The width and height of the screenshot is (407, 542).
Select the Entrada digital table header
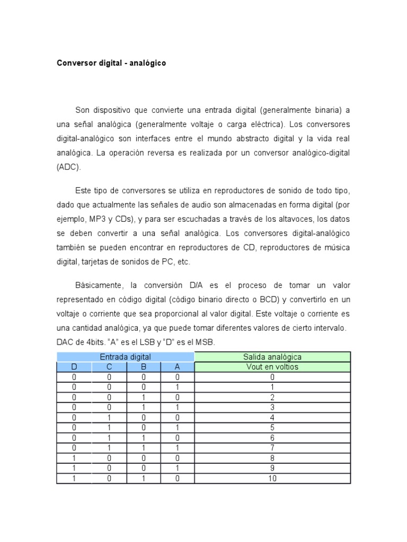[x=126, y=357]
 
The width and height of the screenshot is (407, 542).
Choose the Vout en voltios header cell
[x=272, y=367]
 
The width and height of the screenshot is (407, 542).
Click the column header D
[x=74, y=367]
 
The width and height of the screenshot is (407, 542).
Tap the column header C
[x=109, y=367]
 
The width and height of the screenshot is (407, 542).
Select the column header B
[x=143, y=367]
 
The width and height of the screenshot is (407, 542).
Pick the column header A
[x=178, y=367]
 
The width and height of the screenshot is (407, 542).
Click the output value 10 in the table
[x=272, y=478]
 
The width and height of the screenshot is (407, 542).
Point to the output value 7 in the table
[x=272, y=448]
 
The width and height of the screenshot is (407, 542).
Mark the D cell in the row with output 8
[x=74, y=458]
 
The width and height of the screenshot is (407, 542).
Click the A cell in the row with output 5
[x=178, y=428]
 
